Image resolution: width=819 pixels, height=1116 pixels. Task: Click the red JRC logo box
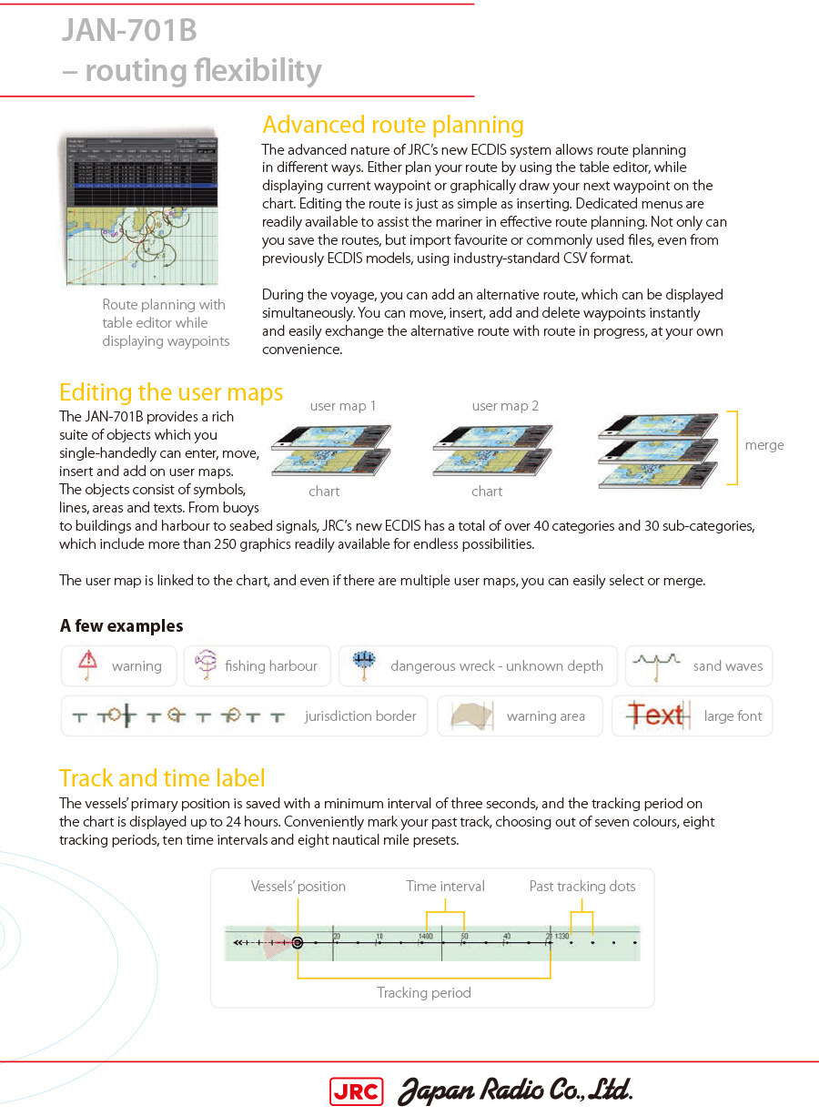pyautogui.click(x=356, y=1091)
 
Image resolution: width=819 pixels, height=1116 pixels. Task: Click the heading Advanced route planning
pyautogui.click(x=392, y=125)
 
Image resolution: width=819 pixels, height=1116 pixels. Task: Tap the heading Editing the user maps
pyautogui.click(x=171, y=392)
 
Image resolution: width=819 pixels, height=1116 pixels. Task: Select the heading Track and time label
pyautogui.click(x=162, y=778)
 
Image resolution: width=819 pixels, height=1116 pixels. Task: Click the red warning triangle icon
pyautogui.click(x=87, y=662)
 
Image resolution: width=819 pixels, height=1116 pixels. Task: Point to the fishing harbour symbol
pyautogui.click(x=206, y=665)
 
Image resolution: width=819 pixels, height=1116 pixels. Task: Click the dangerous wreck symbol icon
pyautogui.click(x=364, y=665)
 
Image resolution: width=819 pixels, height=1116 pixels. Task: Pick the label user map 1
pyautogui.click(x=342, y=406)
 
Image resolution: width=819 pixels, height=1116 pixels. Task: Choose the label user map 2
pyautogui.click(x=505, y=406)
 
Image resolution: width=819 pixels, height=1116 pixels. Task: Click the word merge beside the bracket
pyautogui.click(x=763, y=445)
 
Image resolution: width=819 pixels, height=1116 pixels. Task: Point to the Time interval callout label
pyautogui.click(x=445, y=886)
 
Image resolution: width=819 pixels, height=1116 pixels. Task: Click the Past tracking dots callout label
pyautogui.click(x=582, y=886)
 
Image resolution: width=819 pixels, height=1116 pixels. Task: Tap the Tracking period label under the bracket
pyautogui.click(x=424, y=992)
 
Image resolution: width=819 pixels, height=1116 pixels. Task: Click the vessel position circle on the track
pyautogui.click(x=297, y=943)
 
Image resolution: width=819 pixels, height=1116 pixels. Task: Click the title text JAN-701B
pyautogui.click(x=129, y=31)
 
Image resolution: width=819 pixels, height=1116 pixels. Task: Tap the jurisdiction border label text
pyautogui.click(x=360, y=715)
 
